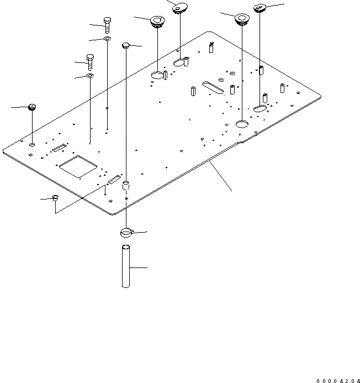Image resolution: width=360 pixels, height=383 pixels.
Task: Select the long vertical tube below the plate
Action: pos(126,267)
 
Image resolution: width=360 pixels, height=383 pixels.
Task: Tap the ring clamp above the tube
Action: pos(126,232)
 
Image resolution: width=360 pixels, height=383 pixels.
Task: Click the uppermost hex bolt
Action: pos(107,24)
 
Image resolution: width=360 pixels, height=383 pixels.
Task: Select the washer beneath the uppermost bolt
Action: pos(107,39)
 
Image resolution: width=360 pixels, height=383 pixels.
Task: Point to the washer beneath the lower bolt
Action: pos(90,75)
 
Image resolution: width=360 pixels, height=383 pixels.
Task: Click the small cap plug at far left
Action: pos(32,107)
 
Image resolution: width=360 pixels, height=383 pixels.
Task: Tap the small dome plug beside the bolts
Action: pos(126,44)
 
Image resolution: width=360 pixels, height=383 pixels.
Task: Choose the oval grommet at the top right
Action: pos(261,8)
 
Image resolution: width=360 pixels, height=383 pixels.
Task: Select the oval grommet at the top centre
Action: pos(179,8)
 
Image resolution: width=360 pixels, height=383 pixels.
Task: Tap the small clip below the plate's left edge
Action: pos(55,198)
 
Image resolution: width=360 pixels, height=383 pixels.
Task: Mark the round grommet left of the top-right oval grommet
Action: pos(242,19)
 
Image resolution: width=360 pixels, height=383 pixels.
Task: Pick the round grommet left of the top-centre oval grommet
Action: pos(158,22)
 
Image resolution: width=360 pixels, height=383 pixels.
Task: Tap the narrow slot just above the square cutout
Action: pos(59,148)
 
